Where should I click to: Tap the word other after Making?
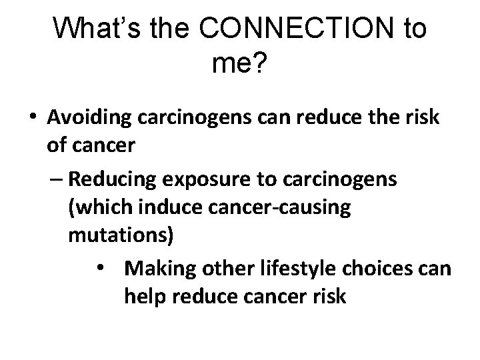[x=223, y=270]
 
